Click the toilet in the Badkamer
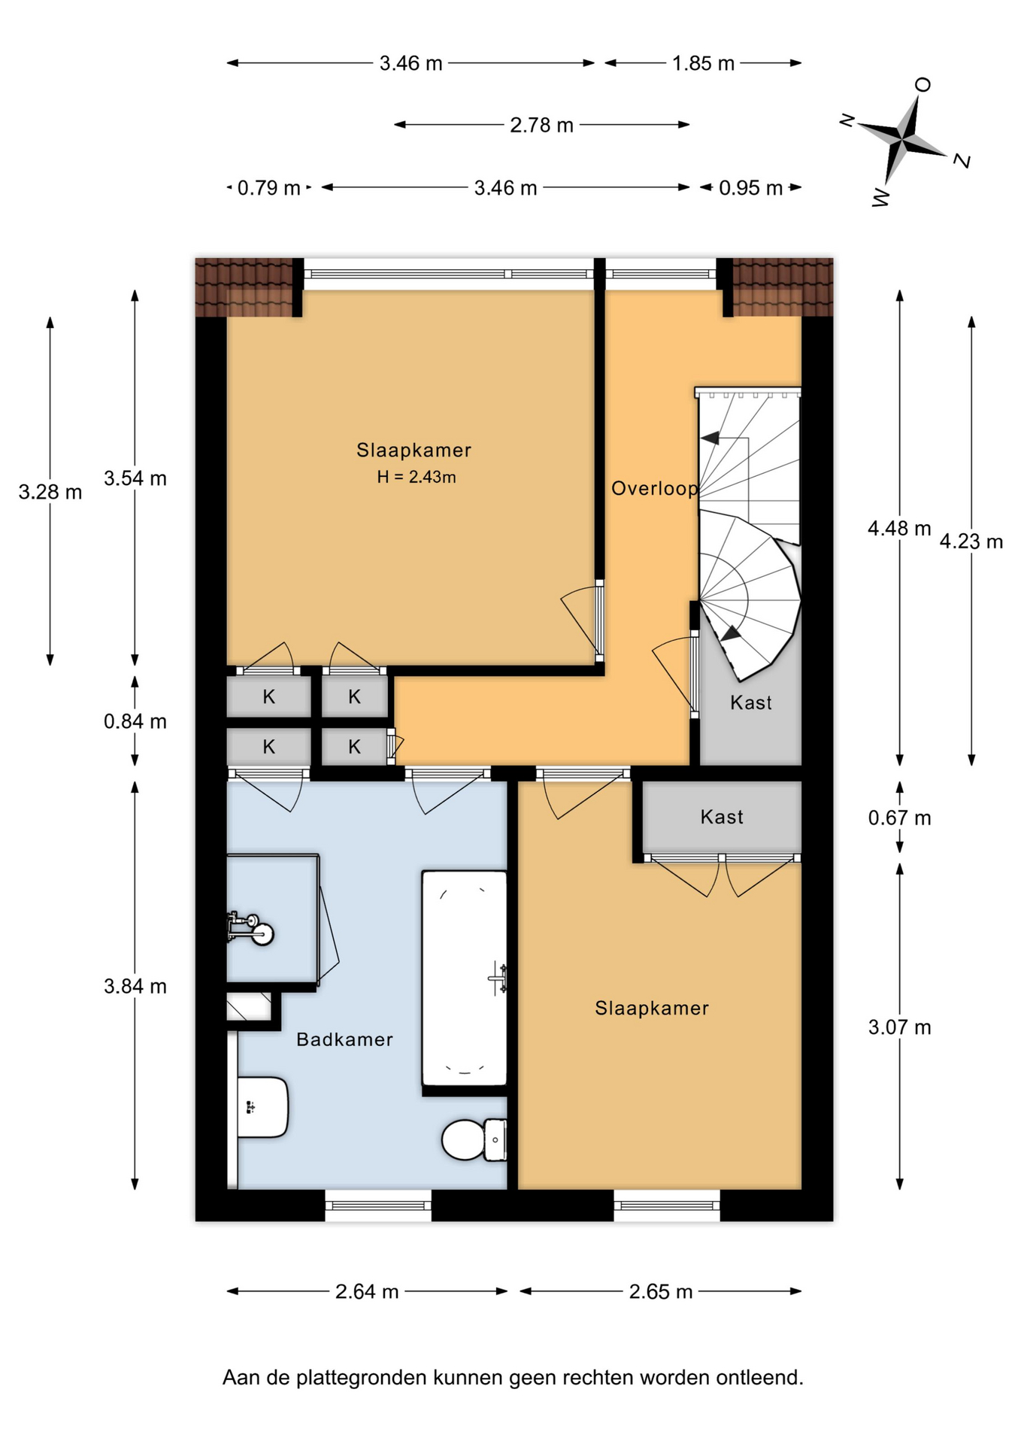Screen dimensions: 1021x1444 pyautogui.click(x=474, y=1139)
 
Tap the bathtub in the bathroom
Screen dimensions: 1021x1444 pyautogui.click(x=465, y=978)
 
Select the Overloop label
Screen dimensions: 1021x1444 pyautogui.click(x=655, y=489)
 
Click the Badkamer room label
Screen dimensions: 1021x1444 pyautogui.click(x=345, y=1039)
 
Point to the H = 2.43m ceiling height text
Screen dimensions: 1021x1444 pyautogui.click(x=417, y=477)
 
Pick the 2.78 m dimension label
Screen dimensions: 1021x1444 pyautogui.click(x=541, y=125)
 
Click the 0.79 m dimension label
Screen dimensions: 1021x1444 pyautogui.click(x=269, y=187)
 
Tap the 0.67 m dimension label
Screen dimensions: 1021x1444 pyautogui.click(x=899, y=818)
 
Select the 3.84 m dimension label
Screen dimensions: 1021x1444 pyautogui.click(x=135, y=986)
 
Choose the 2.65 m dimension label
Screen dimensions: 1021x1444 pyautogui.click(x=661, y=1291)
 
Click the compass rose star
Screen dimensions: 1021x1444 pyautogui.click(x=902, y=138)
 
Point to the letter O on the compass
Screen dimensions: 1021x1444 pyautogui.click(x=923, y=84)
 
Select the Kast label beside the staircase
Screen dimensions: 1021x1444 pyautogui.click(x=751, y=702)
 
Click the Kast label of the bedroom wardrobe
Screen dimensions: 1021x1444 pyautogui.click(x=722, y=817)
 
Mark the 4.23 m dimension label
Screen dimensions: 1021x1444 pyautogui.click(x=971, y=541)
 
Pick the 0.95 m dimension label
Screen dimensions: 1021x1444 pyautogui.click(x=750, y=187)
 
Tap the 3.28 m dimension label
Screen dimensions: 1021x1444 pyautogui.click(x=50, y=492)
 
